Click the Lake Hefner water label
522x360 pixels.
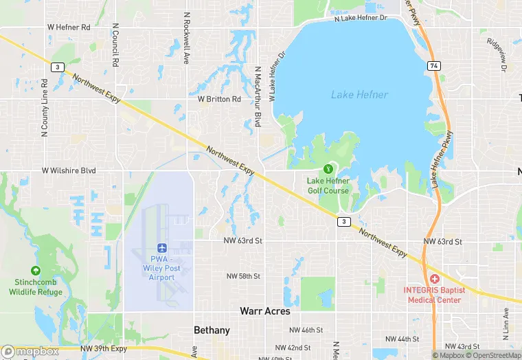tap(359, 95)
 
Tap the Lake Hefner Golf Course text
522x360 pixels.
tap(328, 185)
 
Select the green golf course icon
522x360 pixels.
tap(328, 168)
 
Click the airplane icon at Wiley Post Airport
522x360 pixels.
tap(162, 247)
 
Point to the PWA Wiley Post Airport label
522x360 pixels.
tap(162, 268)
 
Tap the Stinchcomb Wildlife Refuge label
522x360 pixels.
tap(36, 287)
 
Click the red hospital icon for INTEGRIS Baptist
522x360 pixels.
tap(434, 278)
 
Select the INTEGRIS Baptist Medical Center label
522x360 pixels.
tap(434, 294)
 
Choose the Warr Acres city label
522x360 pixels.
tap(265, 311)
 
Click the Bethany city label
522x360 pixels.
tap(212, 330)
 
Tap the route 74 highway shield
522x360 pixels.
tap(433, 65)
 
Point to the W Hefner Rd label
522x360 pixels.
tap(69, 27)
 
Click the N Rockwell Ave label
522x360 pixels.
tap(186, 38)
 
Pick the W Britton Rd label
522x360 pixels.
tap(219, 99)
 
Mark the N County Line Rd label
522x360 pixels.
tap(45, 105)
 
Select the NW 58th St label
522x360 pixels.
tap(244, 276)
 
